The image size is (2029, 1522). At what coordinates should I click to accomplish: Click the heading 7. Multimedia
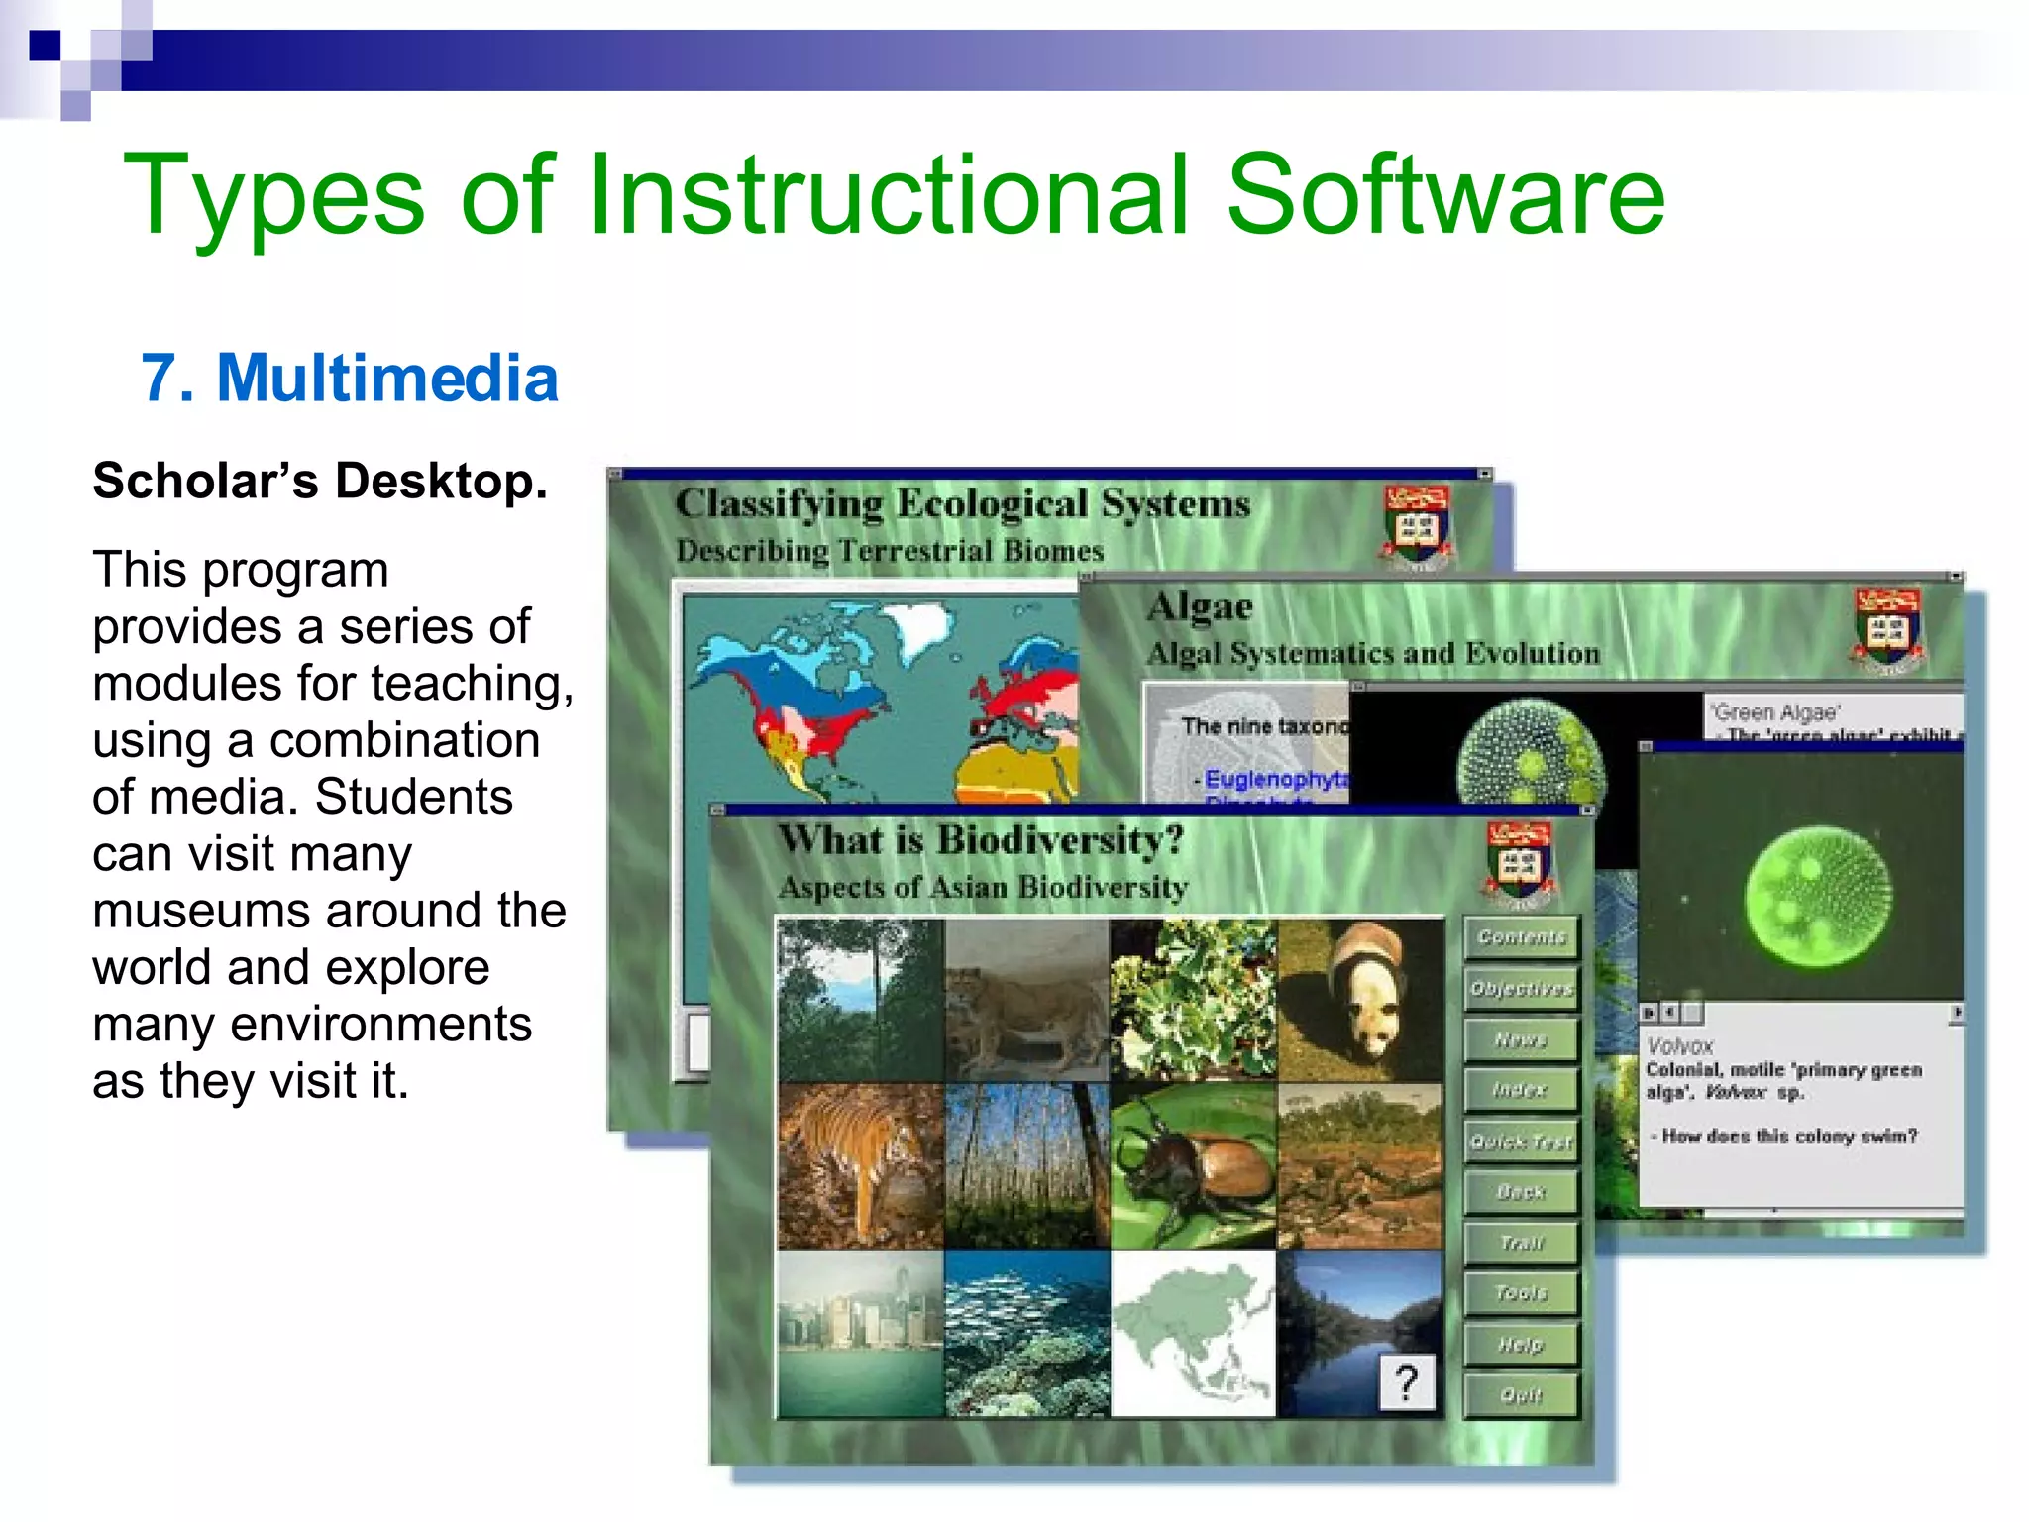pos(350,379)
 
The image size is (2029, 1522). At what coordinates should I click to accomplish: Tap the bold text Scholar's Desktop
pos(319,482)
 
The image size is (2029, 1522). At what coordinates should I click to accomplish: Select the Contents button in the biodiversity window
pos(1521,937)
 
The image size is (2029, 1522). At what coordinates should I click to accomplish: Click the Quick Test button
pos(1521,1141)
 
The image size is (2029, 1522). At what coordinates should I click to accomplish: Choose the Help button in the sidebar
pos(1521,1344)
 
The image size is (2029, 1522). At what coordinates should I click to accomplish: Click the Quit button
pos(1521,1394)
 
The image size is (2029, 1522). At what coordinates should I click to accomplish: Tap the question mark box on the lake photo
pos(1406,1381)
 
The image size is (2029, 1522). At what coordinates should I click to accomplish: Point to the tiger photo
pos(859,1164)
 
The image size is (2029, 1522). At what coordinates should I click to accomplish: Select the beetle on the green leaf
pos(1194,1164)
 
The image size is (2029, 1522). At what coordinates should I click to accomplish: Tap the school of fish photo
pos(1026,1333)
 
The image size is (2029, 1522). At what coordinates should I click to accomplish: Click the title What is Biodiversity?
pos(980,840)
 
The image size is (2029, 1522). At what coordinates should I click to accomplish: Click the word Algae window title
pos(1200,606)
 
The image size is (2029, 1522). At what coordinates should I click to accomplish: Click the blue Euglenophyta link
pos(1275,779)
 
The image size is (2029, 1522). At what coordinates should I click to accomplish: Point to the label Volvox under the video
pos(1679,1045)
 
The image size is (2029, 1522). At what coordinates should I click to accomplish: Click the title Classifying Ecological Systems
pos(962,503)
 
